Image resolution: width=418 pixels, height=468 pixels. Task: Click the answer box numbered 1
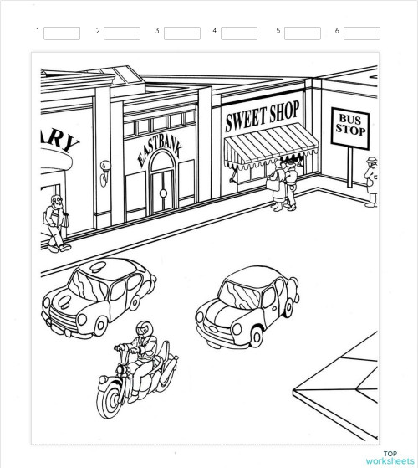click(61, 33)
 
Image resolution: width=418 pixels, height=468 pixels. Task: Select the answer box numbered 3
click(181, 33)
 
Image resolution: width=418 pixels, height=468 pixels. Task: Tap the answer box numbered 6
click(361, 33)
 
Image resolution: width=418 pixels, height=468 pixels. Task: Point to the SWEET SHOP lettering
click(262, 118)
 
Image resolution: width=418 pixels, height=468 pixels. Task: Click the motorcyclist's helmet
click(144, 326)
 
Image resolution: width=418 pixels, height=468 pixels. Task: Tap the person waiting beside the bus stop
click(371, 183)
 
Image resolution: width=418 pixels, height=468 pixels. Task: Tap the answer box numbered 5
click(302, 33)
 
